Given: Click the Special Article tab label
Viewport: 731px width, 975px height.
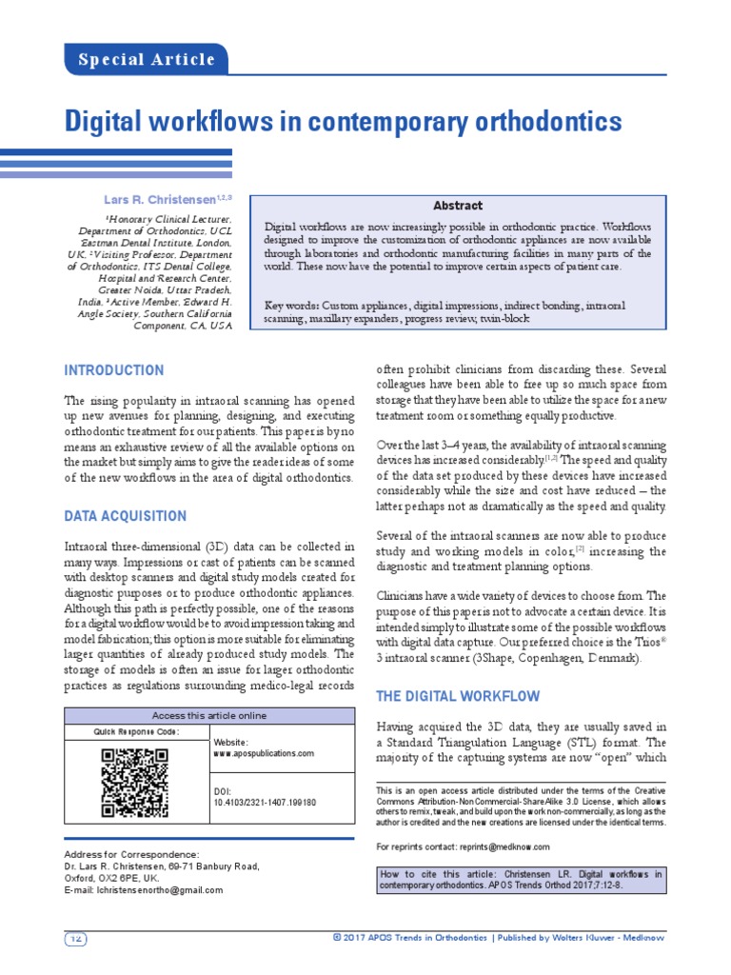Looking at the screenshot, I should click(147, 60).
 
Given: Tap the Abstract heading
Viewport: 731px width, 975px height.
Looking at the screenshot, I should click(458, 206).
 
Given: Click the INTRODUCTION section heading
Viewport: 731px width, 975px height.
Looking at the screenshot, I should click(113, 370).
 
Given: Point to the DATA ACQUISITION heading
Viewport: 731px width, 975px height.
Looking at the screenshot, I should click(125, 516).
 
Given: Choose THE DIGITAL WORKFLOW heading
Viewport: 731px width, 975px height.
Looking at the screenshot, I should click(458, 696).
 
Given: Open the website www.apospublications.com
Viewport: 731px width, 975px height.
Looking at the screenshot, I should click(264, 753).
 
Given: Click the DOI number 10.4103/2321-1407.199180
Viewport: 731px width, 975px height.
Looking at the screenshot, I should click(265, 803).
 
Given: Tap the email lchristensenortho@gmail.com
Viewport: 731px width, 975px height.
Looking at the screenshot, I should click(143, 890).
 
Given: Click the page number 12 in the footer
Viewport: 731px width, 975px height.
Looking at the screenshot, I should click(75, 939).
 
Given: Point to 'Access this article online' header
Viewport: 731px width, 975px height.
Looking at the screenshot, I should click(209, 716).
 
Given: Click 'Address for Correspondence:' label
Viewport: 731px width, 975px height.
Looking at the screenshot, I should click(131, 854).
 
